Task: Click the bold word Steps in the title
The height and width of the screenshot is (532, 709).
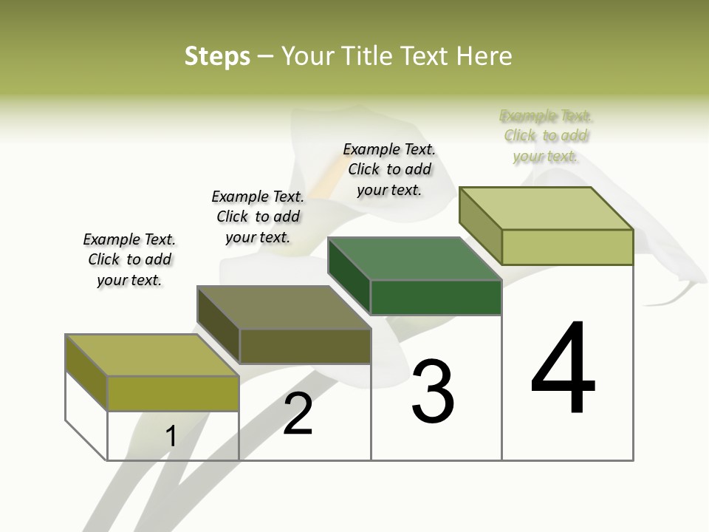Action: tap(217, 56)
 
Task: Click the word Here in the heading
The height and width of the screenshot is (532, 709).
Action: tap(484, 56)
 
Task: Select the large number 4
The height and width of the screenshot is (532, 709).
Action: tap(563, 369)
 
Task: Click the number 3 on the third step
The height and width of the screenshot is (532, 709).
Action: tap(433, 392)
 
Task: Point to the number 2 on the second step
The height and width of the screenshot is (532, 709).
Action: tap(298, 414)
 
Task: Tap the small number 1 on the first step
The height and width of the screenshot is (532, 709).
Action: tap(171, 437)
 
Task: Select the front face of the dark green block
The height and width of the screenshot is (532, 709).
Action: tap(436, 298)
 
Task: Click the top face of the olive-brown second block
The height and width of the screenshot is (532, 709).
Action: tap(284, 307)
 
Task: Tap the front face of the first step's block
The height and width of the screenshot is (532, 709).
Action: tap(173, 393)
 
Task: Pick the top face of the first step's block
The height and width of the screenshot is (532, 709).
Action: tap(152, 355)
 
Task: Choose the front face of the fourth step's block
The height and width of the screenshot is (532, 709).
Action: tap(567, 247)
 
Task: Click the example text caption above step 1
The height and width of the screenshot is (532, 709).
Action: tap(129, 259)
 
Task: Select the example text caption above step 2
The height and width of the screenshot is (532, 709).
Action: tap(258, 216)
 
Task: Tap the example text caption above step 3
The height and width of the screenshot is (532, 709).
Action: tap(389, 169)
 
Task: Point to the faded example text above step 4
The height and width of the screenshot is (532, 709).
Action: tap(546, 135)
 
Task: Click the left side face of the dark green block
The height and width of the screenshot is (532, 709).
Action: tap(349, 276)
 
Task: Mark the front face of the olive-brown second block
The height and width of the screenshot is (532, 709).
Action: tap(305, 347)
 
